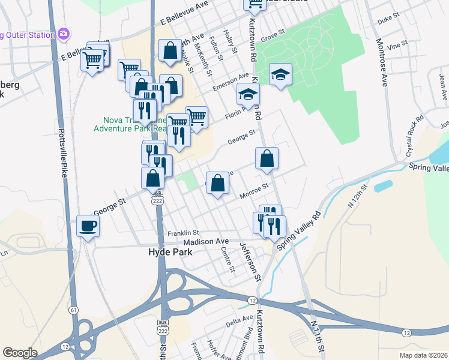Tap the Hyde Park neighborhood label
point(170,253)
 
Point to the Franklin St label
point(183,233)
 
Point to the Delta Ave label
point(240,322)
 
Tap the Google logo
point(20,353)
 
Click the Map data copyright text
point(423,355)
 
